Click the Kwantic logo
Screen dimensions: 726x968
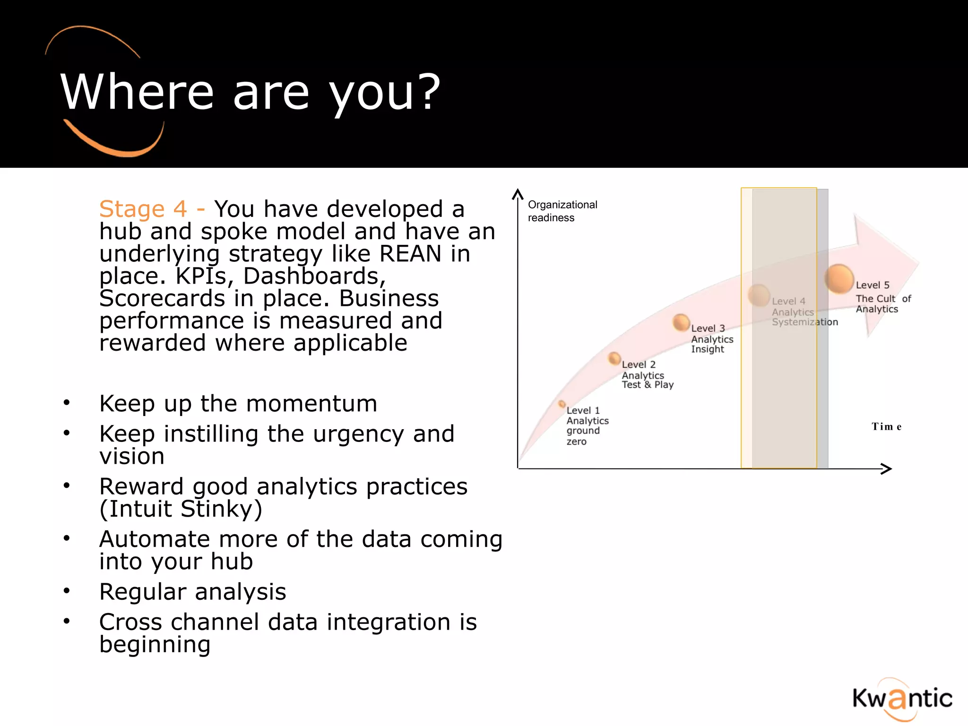click(x=902, y=699)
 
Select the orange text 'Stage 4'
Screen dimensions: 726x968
click(x=143, y=209)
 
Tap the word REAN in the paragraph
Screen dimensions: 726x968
click(x=410, y=254)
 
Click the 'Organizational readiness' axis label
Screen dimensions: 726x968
click(x=562, y=211)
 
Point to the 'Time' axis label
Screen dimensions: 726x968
click(x=886, y=427)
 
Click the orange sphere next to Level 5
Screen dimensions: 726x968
click(x=839, y=278)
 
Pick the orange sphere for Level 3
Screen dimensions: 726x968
click(x=681, y=322)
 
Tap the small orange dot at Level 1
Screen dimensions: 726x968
click(x=562, y=404)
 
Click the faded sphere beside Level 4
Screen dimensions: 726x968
click(x=759, y=295)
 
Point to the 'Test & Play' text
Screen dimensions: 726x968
click(x=647, y=385)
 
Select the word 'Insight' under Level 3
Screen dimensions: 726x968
click(x=707, y=349)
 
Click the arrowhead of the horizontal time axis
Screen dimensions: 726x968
click(x=887, y=468)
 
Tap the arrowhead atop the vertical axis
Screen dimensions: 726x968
click(x=518, y=194)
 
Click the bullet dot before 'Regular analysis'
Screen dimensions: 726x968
click(x=67, y=591)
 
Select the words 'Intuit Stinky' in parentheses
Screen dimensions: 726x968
click(x=181, y=509)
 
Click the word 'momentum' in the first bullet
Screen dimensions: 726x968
click(x=311, y=404)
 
